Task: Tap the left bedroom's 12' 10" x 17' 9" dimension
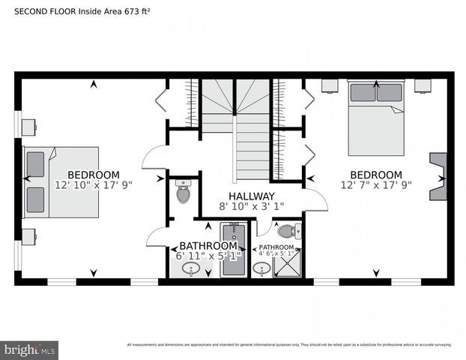pos(93,185)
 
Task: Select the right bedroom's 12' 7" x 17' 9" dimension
pos(375,185)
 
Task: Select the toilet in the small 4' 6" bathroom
pos(288,232)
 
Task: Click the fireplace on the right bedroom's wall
pos(438,178)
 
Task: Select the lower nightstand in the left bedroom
pos(30,236)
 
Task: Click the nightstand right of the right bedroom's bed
pos(423,85)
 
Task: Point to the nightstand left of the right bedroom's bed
pos(330,85)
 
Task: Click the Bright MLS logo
pos(30,349)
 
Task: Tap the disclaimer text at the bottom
pos(289,345)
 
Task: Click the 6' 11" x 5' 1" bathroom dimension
pos(209,256)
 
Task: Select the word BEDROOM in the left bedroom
pos(93,175)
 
